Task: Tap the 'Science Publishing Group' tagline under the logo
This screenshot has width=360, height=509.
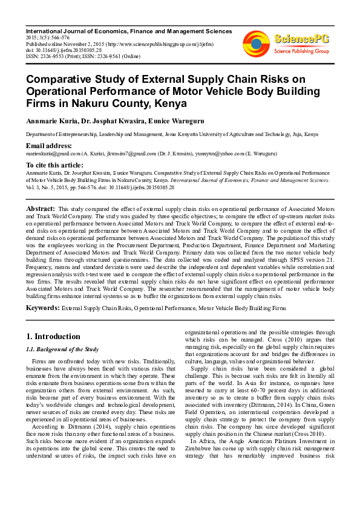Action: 301,51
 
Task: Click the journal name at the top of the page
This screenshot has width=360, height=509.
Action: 128,30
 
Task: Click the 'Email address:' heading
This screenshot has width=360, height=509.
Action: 48,146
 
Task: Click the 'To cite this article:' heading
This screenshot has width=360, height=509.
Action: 54,165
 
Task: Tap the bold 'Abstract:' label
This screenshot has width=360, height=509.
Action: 41,209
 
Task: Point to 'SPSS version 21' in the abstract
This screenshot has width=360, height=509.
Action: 305,258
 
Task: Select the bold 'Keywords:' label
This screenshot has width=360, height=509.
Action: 42,308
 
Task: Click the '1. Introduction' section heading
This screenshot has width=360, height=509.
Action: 53,337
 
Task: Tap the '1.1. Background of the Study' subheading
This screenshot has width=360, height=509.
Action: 61,349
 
